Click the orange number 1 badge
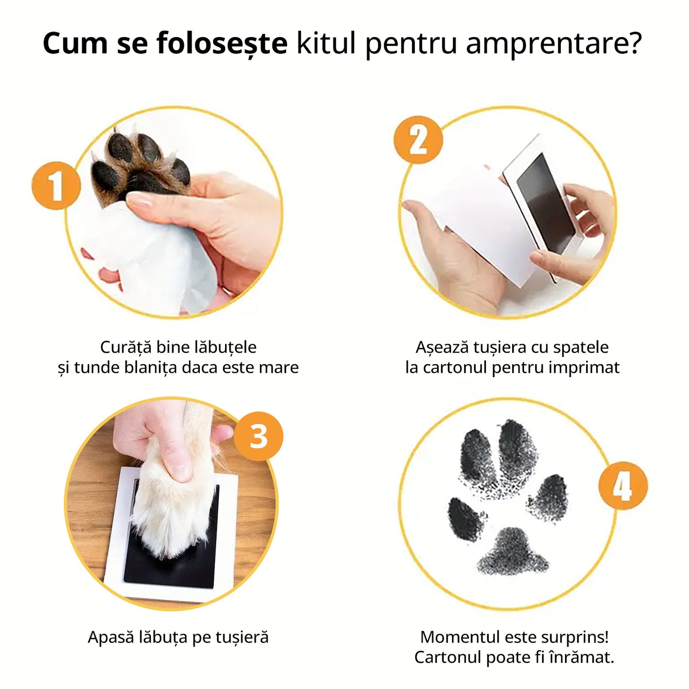56,185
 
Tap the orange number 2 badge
418,139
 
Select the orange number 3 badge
258,437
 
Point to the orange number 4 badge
623,485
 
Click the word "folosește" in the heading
222,43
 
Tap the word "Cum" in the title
75,43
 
